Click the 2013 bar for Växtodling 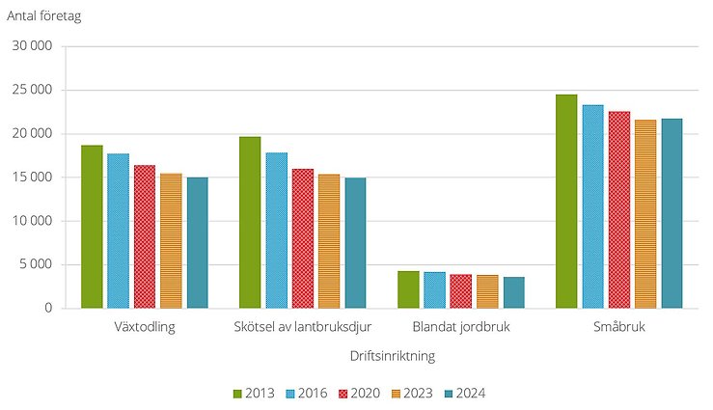coord(92,227)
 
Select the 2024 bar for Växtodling coord(197,243)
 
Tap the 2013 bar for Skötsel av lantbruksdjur coord(250,223)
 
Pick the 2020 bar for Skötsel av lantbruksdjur coord(303,238)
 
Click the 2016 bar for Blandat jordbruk coord(435,290)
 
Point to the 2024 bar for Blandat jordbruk coord(514,293)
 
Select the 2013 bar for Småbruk coord(566,202)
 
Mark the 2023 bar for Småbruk coord(645,214)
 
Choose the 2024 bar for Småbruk coord(672,213)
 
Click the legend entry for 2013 coord(254,394)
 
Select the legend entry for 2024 coord(465,394)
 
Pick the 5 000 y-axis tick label coord(44,265)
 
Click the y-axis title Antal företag coord(44,14)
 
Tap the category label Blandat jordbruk coord(461,327)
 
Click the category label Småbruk coord(618,327)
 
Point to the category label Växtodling coord(144,327)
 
